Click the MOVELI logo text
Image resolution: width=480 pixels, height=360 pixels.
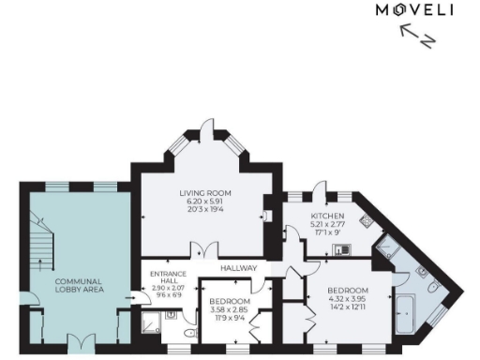(413, 10)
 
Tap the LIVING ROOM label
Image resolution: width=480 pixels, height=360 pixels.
(205, 193)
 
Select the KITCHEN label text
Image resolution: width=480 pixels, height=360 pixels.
(327, 215)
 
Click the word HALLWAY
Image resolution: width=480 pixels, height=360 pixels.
(238, 268)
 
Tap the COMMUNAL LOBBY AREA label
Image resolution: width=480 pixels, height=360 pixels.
(78, 286)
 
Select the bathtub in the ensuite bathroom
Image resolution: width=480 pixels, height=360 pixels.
(408, 311)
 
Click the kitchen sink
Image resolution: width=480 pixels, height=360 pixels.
(345, 248)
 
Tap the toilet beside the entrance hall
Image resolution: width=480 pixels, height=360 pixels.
(189, 334)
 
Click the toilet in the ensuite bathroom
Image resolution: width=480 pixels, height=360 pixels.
(434, 285)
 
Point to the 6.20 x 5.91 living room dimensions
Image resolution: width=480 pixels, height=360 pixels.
(205, 202)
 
